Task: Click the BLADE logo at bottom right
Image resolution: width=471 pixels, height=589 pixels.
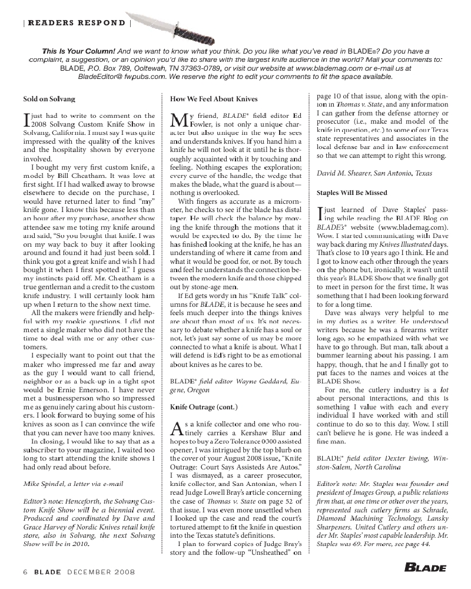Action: (425, 568)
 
